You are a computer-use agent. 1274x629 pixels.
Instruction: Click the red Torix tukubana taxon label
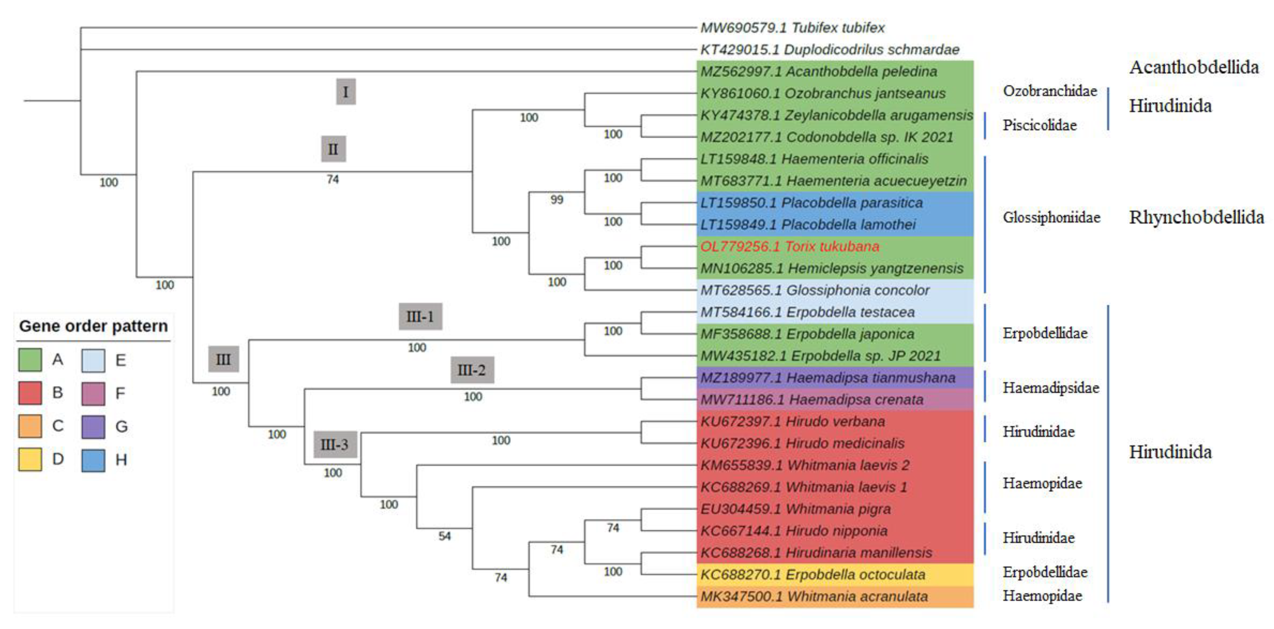pos(789,247)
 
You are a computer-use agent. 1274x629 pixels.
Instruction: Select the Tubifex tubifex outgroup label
pos(792,28)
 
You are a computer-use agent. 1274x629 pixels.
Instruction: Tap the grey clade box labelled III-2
pos(471,370)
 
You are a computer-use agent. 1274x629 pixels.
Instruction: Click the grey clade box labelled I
pos(345,91)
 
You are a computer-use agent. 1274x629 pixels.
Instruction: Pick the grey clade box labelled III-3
pos(335,444)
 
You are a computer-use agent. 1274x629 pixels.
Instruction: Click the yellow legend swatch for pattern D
pos(30,459)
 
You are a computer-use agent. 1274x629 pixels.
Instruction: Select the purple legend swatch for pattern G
pos(93,426)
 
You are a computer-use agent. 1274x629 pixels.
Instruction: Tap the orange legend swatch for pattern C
pos(30,426)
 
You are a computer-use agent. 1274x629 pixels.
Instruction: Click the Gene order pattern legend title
pos(93,326)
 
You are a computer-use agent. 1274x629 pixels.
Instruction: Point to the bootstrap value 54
pos(444,536)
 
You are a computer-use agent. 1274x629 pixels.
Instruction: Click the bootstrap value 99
pos(556,200)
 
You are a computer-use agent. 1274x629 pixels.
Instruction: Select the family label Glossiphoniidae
pos(1051,217)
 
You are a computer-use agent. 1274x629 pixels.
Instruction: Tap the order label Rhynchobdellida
pos(1196,217)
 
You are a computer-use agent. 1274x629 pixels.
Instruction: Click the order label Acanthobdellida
pos(1194,67)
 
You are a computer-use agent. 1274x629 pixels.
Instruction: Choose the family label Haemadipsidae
pos(1050,388)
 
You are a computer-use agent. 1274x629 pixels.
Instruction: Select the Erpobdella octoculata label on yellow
pos(813,574)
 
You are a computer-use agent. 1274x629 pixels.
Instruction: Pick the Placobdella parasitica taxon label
pos(811,203)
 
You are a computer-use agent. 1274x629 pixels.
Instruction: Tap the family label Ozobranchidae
pos(1050,91)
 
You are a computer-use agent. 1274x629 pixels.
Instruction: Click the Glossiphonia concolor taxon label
pos(815,291)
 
